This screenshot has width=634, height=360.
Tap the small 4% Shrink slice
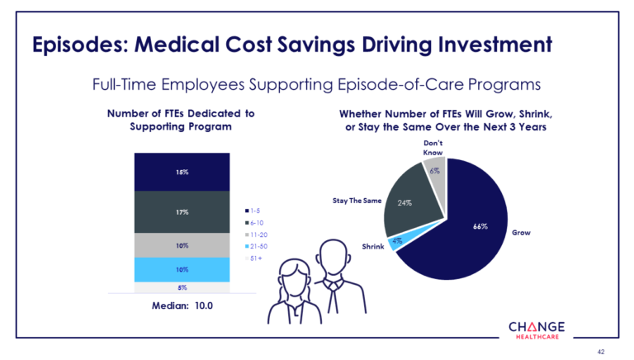(x=398, y=241)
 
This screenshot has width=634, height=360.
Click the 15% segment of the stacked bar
(x=181, y=172)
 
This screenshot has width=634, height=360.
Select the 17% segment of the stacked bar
(x=181, y=211)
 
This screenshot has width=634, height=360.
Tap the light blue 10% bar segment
(x=181, y=269)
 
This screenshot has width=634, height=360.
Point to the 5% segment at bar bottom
(x=181, y=288)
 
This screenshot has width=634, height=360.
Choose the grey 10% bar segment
(x=181, y=244)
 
